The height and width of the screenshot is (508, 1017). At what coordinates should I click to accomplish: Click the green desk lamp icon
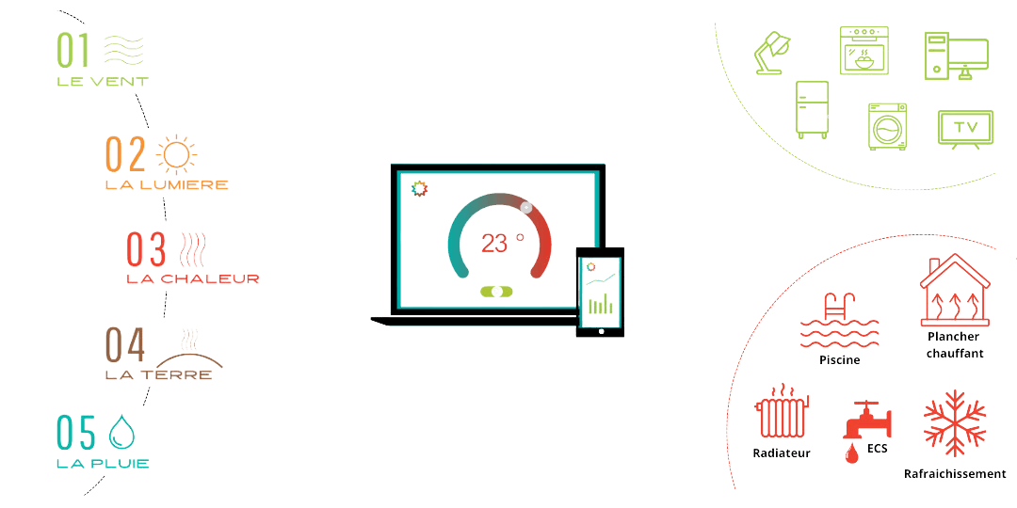point(775,50)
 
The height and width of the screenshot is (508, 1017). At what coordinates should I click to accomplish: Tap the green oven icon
point(864,51)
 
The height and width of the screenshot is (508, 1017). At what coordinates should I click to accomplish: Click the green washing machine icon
point(887,125)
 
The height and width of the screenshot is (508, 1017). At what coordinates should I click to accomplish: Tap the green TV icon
point(964,127)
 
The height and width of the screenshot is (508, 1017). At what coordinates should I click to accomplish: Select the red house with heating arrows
point(955,292)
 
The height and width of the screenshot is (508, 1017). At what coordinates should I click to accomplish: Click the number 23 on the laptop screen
point(493,244)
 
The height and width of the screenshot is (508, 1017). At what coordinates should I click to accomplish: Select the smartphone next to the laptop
point(599,290)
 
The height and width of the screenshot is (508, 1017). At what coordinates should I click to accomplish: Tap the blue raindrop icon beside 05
point(121,431)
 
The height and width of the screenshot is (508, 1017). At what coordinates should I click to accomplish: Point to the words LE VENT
point(102,82)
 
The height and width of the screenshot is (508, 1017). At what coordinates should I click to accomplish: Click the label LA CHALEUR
point(192,278)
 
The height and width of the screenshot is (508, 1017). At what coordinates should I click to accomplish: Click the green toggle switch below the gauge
point(497,292)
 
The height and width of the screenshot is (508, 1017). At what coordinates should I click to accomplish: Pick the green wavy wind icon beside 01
point(121,49)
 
